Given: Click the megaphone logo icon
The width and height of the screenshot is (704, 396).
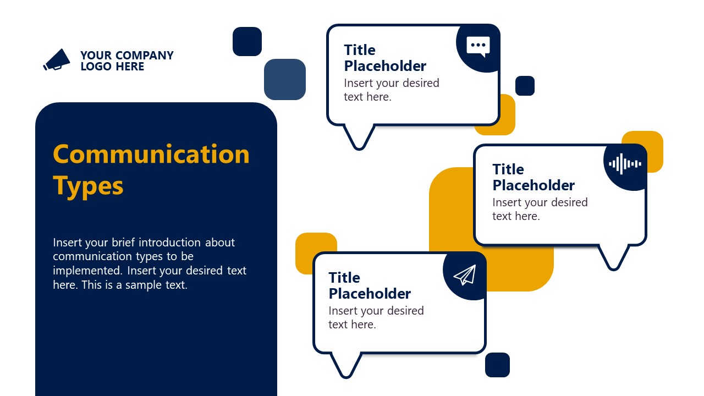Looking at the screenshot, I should [x=57, y=59].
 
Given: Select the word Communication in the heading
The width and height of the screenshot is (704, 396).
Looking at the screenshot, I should [x=151, y=154].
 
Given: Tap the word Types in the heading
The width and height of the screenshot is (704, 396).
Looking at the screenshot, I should [x=88, y=186].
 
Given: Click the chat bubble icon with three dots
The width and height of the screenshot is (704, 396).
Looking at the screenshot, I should [x=478, y=46].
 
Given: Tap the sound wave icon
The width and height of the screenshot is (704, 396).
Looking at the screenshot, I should [x=625, y=164].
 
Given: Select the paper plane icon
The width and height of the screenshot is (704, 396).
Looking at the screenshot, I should [x=465, y=275].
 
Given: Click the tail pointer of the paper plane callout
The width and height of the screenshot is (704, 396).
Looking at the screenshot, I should [x=345, y=365].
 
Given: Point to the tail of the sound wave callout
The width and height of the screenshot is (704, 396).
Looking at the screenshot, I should [x=613, y=257].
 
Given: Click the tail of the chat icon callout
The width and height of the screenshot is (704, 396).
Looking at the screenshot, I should [x=359, y=137].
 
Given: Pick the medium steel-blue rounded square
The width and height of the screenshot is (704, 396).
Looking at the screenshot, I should [x=284, y=79].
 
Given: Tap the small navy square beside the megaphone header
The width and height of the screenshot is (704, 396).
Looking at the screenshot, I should [x=247, y=41].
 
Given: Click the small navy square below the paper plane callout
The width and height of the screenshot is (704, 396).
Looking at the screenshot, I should [x=497, y=365].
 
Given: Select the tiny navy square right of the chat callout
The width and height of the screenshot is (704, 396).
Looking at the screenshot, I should [x=525, y=86].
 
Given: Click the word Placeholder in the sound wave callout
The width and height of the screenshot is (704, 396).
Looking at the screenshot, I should [x=533, y=185].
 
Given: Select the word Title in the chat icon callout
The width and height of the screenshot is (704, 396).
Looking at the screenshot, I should [x=360, y=50].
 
